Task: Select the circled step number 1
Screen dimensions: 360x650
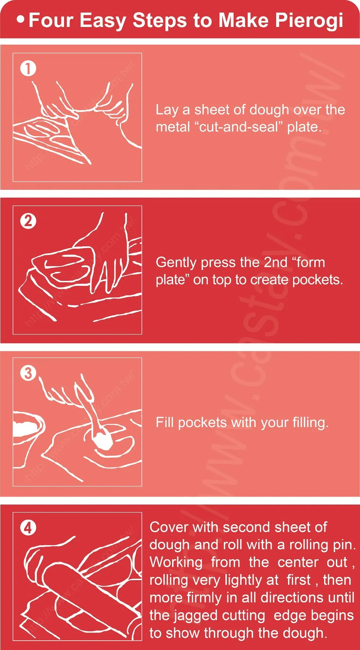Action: pyautogui.click(x=28, y=68)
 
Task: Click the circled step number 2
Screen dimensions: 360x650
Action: pyautogui.click(x=28, y=221)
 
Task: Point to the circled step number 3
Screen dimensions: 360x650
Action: pyautogui.click(x=28, y=373)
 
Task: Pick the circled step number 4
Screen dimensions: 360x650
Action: pyautogui.click(x=28, y=528)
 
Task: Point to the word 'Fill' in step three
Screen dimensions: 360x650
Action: pyautogui.click(x=165, y=422)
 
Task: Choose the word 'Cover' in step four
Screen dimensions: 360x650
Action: pyautogui.click(x=169, y=527)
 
